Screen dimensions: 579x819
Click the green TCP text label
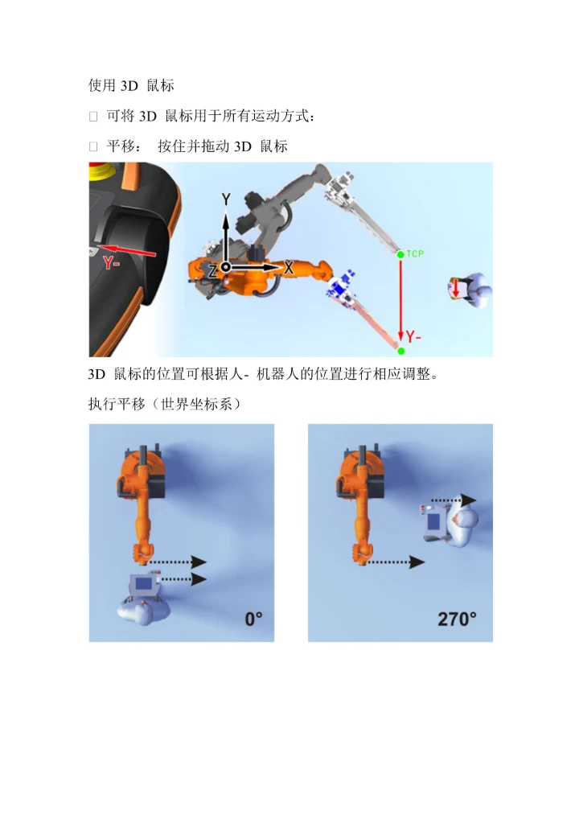pyautogui.click(x=415, y=254)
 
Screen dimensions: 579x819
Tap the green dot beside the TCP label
pyautogui.click(x=400, y=254)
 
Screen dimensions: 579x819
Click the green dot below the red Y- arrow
pyautogui.click(x=401, y=351)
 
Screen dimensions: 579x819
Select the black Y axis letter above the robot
pyautogui.click(x=225, y=199)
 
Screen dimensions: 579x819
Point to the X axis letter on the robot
pyautogui.click(x=288, y=268)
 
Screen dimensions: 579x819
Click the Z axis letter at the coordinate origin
pyautogui.click(x=213, y=270)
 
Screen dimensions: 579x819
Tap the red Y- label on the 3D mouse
pyautogui.click(x=111, y=263)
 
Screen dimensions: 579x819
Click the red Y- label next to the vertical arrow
pyautogui.click(x=413, y=337)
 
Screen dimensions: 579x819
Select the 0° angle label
pyautogui.click(x=254, y=619)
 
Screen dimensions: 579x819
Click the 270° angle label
pyautogui.click(x=457, y=619)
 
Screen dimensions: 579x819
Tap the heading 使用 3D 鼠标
pyautogui.click(x=131, y=85)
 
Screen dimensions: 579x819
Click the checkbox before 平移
pyautogui.click(x=93, y=146)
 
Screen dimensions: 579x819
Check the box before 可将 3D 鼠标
pyautogui.click(x=93, y=117)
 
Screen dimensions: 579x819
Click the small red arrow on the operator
pyautogui.click(x=455, y=288)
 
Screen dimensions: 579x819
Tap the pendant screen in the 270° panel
pyautogui.click(x=433, y=522)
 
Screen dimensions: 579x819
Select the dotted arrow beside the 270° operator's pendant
pyautogui.click(x=454, y=500)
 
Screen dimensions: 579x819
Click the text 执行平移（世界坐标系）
pyautogui.click(x=165, y=404)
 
